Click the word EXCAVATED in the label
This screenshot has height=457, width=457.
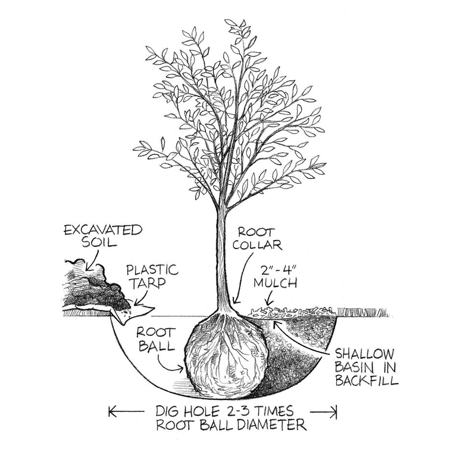[103, 230]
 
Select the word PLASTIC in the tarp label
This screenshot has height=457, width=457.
[152, 270]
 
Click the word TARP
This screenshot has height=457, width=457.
[148, 283]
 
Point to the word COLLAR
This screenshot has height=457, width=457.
[257, 245]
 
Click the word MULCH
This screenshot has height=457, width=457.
[275, 283]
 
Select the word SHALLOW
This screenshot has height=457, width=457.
[364, 355]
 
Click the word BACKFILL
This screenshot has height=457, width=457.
[366, 381]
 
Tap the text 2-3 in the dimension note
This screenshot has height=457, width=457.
[236, 411]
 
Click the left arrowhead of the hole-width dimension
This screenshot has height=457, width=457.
[112, 412]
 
